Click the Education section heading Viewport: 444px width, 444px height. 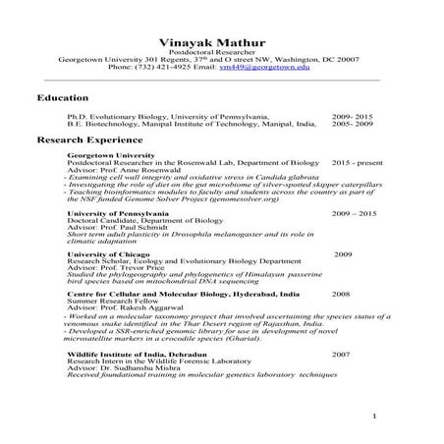tap(63, 98)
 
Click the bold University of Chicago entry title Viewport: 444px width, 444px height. tap(107, 254)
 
